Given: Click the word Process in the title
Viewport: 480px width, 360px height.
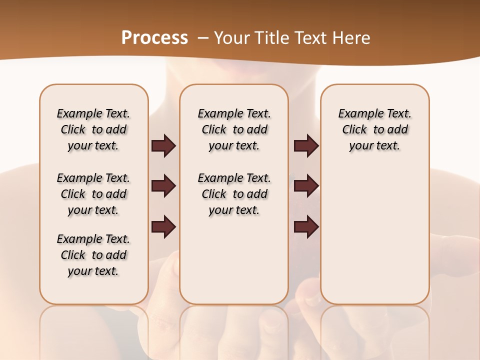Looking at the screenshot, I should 154,37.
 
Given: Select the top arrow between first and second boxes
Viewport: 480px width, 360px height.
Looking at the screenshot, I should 163,145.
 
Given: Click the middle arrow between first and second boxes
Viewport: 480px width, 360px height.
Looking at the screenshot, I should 163,186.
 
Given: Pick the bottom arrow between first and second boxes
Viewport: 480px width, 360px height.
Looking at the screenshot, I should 163,227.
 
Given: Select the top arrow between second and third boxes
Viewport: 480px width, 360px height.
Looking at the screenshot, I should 306,145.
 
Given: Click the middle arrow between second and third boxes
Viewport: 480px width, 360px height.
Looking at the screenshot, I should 306,186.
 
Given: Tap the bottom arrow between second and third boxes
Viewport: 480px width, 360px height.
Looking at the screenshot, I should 306,227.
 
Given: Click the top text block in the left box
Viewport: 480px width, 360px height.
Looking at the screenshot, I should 93,129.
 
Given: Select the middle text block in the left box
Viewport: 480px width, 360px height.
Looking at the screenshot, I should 93,194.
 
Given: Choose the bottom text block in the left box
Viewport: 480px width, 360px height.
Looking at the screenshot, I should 93,255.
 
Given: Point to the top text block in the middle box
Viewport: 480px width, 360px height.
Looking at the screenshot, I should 234,129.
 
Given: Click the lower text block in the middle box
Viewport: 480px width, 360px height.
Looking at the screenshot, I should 234,194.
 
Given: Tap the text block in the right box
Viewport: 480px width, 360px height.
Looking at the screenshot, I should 374,129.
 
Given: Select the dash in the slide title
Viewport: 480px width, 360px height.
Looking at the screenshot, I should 202,37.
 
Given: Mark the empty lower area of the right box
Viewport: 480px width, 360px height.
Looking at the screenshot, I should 374,230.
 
